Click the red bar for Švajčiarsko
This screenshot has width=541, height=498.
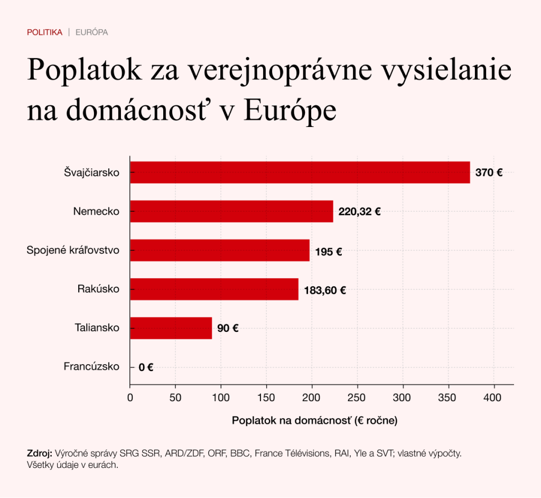click(300, 173)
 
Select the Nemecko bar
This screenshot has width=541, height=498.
click(231, 212)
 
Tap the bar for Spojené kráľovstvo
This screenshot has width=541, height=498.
click(220, 250)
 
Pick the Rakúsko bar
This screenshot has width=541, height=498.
click(214, 289)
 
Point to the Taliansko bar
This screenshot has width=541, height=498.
click(171, 328)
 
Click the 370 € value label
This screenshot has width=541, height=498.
click(489, 173)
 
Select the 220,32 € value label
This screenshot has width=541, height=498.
click(359, 212)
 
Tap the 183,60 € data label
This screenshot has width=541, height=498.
click(325, 290)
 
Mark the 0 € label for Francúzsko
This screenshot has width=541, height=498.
click(146, 367)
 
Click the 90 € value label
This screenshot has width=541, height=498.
click(228, 329)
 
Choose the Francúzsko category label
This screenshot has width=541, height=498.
click(91, 366)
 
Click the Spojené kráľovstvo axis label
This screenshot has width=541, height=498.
click(73, 250)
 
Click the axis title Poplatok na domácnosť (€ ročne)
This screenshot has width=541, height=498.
click(314, 421)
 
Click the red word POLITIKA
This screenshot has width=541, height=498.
click(44, 32)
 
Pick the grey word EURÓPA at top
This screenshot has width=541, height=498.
click(92, 32)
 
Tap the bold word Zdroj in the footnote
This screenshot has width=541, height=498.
click(39, 454)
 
